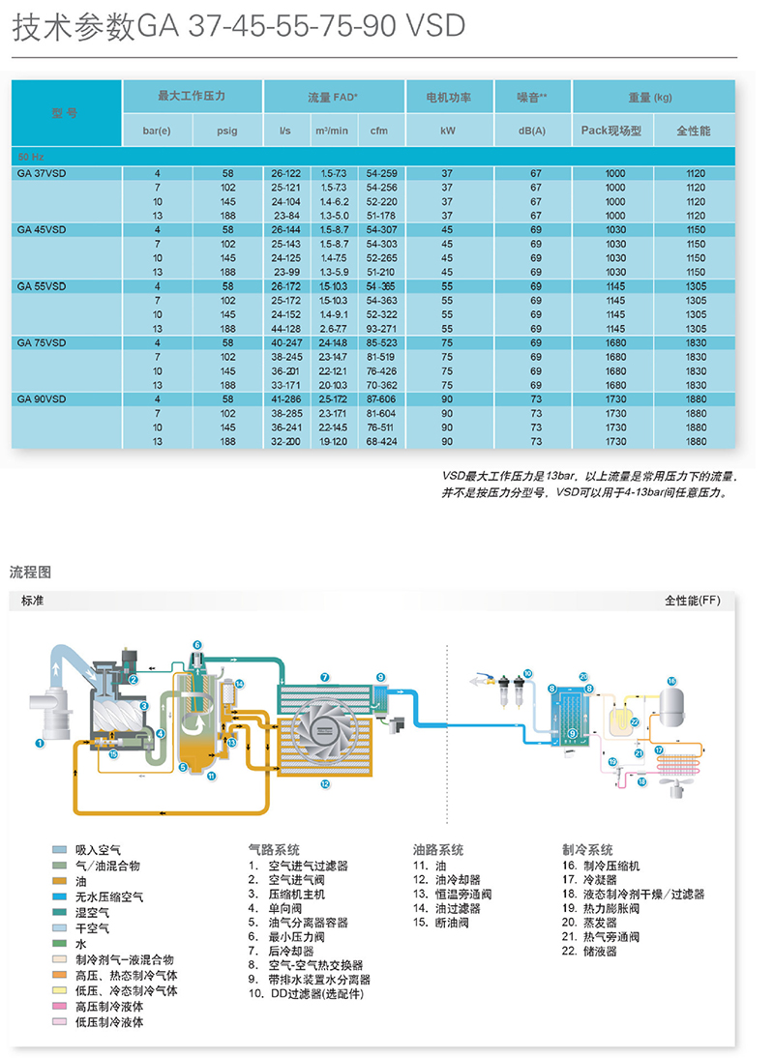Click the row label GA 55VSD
[x=42, y=286]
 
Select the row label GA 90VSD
[x=42, y=398]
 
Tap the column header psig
[x=227, y=131]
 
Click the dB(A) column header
[x=531, y=131]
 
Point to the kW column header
[x=447, y=131]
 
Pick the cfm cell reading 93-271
[x=381, y=329]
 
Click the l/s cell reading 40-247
[x=285, y=342]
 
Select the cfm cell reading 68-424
[x=381, y=441]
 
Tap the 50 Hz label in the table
[x=32, y=156]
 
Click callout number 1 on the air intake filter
[x=40, y=743]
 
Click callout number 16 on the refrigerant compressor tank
[x=671, y=680]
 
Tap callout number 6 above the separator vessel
[x=196, y=645]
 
